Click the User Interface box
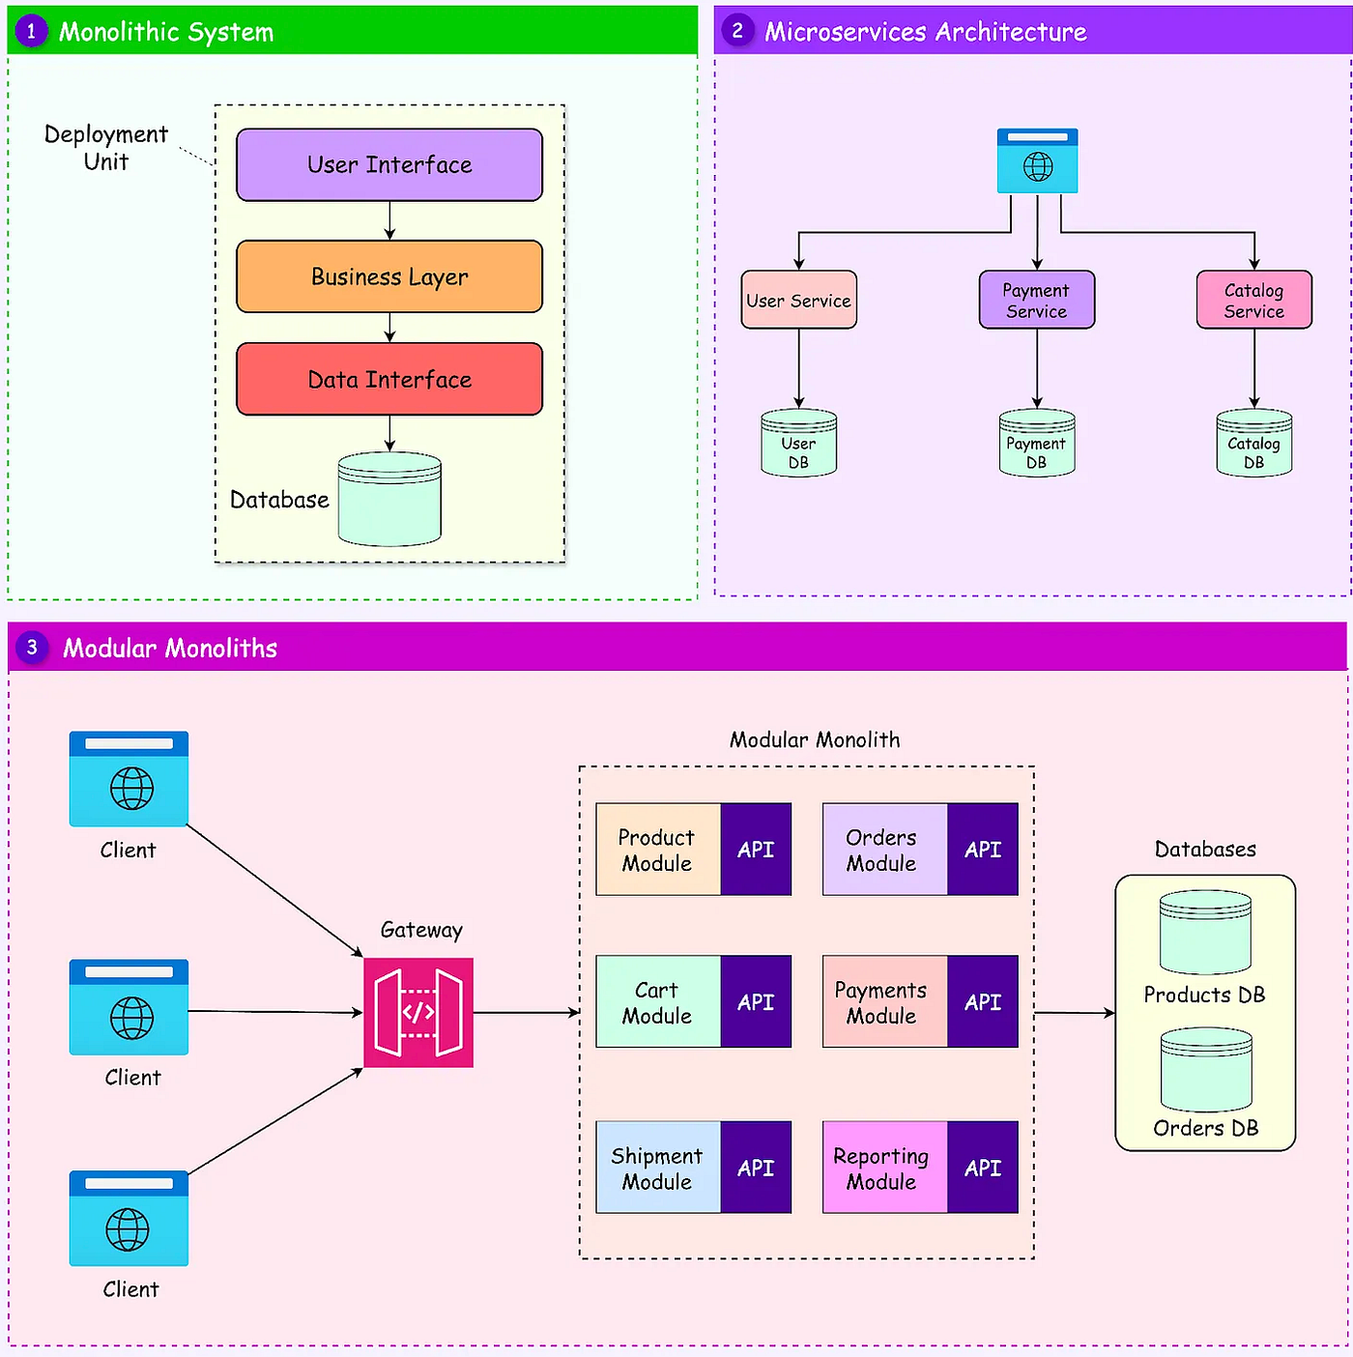389,164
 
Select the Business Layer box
389,276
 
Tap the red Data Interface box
389,379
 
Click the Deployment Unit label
105,148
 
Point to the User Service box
798,300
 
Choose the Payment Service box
1036,300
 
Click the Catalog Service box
1253,300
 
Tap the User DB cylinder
798,443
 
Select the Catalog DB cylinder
1253,443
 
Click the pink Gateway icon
418,1012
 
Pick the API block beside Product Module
756,850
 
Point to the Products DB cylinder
1205,933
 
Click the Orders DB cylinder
1206,1069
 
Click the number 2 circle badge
737,31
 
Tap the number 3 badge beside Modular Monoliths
32,648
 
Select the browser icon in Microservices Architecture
1037,160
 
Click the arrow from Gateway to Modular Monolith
526,1013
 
